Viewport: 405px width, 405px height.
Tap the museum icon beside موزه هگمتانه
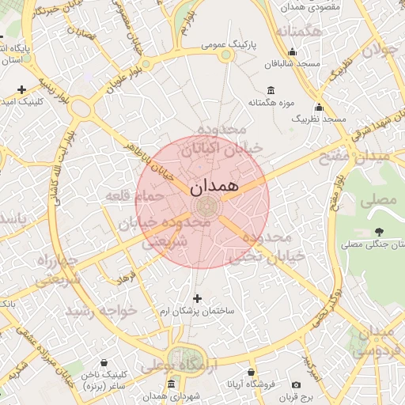pos(271,89)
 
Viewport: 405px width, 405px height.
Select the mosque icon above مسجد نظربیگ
pos(319,107)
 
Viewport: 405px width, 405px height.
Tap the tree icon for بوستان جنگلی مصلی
pos(379,233)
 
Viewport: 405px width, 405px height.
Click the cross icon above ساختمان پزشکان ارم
pos(197,298)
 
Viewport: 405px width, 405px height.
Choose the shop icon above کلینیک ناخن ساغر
pos(104,363)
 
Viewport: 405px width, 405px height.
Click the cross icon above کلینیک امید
pos(21,89)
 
